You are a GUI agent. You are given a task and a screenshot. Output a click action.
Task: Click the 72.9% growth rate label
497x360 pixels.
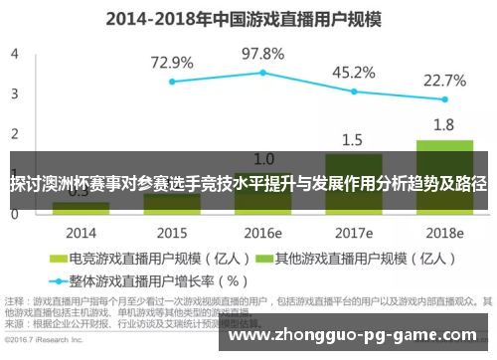coord(172,62)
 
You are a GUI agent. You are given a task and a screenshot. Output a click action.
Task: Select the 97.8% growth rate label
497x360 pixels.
coord(263,53)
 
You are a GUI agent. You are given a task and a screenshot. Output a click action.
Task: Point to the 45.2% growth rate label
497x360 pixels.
coord(354,72)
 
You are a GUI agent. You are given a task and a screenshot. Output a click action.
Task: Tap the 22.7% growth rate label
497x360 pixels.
coord(444,80)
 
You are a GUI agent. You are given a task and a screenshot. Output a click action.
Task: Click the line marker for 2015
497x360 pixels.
coord(172,82)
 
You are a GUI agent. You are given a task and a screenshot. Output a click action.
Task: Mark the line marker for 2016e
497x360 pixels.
coord(263,73)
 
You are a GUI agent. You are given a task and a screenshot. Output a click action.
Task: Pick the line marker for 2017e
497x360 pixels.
coord(354,91)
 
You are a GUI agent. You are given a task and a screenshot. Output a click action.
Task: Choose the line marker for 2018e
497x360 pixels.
coord(445,99)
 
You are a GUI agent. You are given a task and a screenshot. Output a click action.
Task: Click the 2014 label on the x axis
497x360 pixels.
coord(81,232)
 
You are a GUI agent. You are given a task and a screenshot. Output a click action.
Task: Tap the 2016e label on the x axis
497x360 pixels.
coord(263,232)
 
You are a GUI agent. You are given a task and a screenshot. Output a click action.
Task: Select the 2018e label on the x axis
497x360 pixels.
coord(445,232)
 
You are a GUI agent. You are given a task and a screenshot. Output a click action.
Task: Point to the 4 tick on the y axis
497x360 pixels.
coord(15,54)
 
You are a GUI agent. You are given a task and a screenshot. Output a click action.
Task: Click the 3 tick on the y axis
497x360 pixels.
coord(15,93)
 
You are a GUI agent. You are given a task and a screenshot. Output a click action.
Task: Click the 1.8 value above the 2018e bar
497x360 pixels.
coord(444,125)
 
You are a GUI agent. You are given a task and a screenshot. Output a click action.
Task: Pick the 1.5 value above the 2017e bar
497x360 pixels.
coord(354,139)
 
